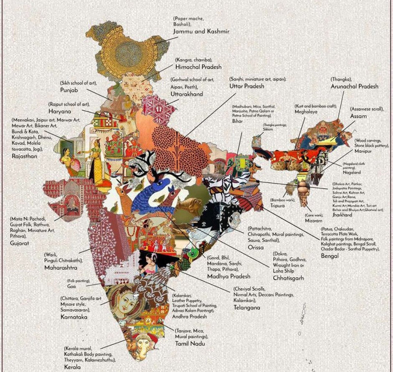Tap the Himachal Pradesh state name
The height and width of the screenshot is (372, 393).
198,67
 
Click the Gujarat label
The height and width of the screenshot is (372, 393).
20,243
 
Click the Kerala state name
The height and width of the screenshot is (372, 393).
73,367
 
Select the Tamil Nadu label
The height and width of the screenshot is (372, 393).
193,344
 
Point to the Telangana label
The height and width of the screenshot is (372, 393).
244,307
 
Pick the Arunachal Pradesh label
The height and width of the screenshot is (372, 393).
354,86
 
